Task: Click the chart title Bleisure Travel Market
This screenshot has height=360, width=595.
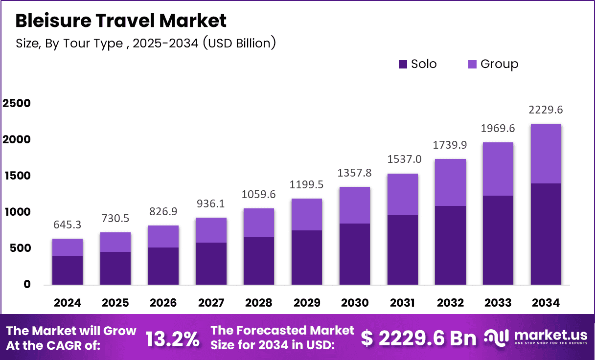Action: (x=121, y=21)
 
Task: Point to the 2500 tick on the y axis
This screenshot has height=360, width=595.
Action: (x=17, y=103)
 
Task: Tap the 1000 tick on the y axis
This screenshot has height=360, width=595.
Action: (x=17, y=212)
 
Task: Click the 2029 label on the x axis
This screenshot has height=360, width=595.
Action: (x=307, y=303)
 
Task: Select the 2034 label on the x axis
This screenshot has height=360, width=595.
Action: (x=546, y=303)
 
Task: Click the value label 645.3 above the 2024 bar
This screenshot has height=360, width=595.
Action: (x=68, y=225)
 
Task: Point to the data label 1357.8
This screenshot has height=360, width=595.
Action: (x=355, y=174)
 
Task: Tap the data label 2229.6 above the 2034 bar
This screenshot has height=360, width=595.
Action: (x=546, y=110)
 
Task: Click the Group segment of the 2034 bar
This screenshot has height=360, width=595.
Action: (x=546, y=154)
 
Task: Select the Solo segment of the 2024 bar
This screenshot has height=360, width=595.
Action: (x=68, y=270)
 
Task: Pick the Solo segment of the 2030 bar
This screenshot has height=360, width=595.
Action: (x=355, y=254)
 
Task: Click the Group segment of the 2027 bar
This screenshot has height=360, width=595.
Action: (x=211, y=230)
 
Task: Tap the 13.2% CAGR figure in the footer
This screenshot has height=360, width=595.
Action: (x=173, y=338)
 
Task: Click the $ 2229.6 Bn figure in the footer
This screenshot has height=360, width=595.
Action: (x=418, y=338)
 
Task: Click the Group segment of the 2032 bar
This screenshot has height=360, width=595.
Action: (x=450, y=182)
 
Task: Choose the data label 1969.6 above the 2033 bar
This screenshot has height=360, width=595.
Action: (x=498, y=129)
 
